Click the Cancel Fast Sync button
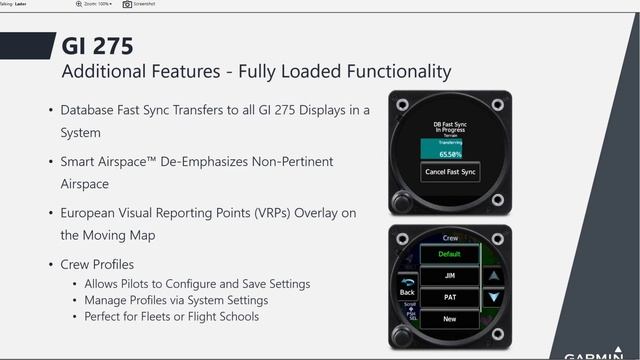click(449, 173)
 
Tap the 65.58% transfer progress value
click(449, 155)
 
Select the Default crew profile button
click(449, 254)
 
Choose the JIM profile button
click(449, 276)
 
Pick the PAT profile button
click(449, 298)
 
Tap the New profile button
click(449, 320)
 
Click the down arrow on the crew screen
click(491, 298)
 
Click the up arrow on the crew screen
click(491, 274)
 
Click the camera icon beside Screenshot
click(127, 5)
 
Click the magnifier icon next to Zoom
click(79, 5)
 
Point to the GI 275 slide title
click(97, 46)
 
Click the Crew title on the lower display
click(449, 238)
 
